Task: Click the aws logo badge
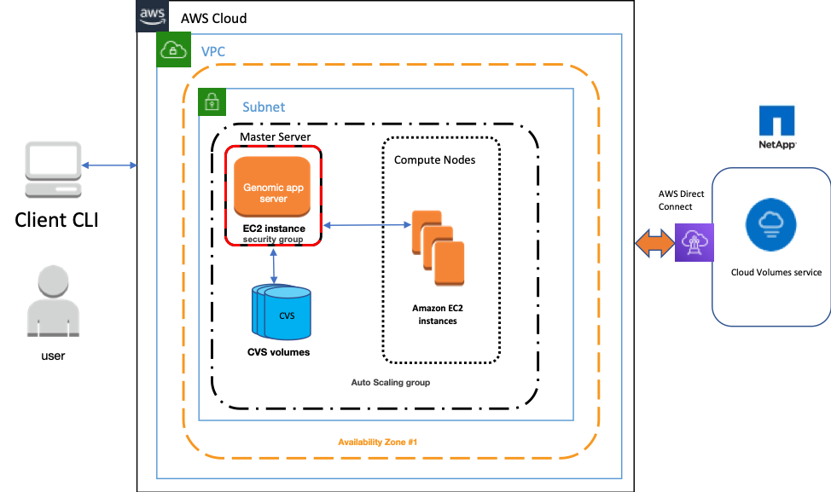153,14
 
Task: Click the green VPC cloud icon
173,50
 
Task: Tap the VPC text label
213,52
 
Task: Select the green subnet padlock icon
212,102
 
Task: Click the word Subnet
264,107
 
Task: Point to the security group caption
272,240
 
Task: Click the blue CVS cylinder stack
282,313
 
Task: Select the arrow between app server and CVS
273,266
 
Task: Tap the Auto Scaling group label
390,383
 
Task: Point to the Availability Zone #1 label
377,442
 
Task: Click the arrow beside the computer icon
110,165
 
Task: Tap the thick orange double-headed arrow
654,244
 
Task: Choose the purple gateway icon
694,242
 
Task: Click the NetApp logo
776,127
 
